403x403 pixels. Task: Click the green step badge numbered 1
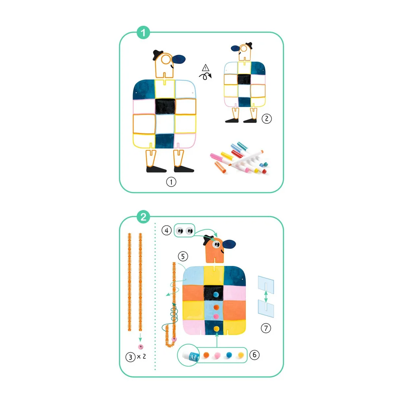pyautogui.click(x=143, y=32)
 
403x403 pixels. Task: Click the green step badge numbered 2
pyautogui.click(x=143, y=217)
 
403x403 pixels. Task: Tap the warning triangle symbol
pyautogui.click(x=206, y=68)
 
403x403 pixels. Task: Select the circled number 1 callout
pyautogui.click(x=171, y=182)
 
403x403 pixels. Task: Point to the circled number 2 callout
pyautogui.click(x=266, y=118)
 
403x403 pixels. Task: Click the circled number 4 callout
pyautogui.click(x=166, y=230)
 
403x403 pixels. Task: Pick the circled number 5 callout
pyautogui.click(x=183, y=256)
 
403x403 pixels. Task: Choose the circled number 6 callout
pyautogui.click(x=254, y=355)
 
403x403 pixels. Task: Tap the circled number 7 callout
pyautogui.click(x=266, y=328)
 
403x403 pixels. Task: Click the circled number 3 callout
pyautogui.click(x=130, y=357)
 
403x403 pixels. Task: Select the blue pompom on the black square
pyautogui.click(x=216, y=294)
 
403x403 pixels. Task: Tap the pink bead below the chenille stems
pyautogui.click(x=141, y=347)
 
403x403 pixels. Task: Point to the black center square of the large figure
pyautogui.click(x=165, y=106)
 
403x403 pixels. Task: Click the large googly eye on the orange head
pyautogui.click(x=216, y=244)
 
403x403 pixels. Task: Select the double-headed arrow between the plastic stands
pyautogui.click(x=266, y=296)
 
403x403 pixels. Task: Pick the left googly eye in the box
pyautogui.click(x=180, y=231)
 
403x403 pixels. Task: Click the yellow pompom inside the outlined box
pyautogui.click(x=241, y=355)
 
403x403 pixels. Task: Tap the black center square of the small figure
pyautogui.click(x=244, y=79)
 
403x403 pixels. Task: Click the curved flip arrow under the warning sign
pyautogui.click(x=205, y=76)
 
